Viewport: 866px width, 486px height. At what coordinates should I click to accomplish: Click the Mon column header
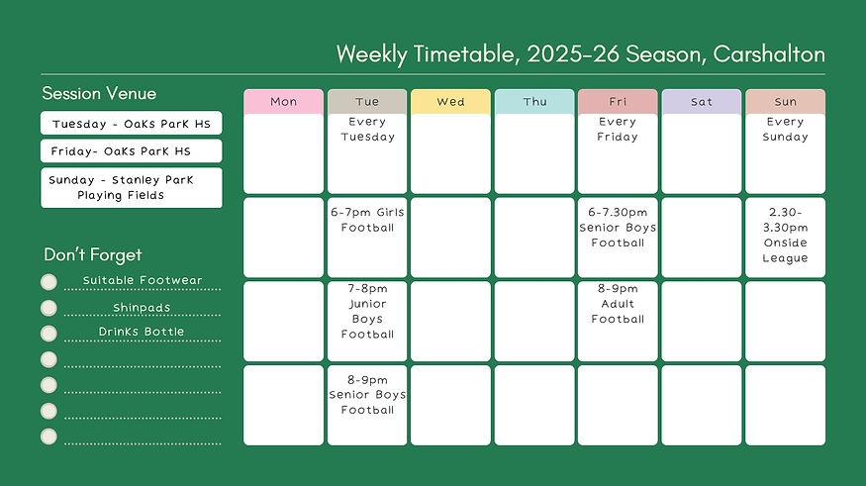pos(283,102)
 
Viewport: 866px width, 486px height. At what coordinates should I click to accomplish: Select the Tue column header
pos(367,102)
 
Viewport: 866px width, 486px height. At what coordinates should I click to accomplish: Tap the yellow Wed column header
pos(450,102)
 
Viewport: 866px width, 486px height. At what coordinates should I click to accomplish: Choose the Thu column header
pos(534,102)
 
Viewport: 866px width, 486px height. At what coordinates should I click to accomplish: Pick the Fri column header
pos(618,102)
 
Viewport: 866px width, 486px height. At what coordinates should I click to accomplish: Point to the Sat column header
pos(701,102)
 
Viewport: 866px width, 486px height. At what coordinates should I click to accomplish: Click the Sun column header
pos(785,102)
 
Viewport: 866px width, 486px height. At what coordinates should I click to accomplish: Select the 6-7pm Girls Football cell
pos(367,237)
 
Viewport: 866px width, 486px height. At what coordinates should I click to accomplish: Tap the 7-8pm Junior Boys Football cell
pos(367,321)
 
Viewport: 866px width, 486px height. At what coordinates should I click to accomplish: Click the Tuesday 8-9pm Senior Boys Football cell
pos(367,405)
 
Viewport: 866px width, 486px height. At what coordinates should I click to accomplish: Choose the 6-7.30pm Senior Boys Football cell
pos(618,237)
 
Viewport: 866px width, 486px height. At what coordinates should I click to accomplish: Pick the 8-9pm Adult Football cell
pos(618,321)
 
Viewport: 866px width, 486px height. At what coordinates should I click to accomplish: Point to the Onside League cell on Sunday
pos(785,237)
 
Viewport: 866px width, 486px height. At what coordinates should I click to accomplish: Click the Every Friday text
pos(618,130)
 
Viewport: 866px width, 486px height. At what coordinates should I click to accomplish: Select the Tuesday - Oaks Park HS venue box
pos(131,124)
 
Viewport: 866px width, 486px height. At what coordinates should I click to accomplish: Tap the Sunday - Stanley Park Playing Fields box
pos(131,187)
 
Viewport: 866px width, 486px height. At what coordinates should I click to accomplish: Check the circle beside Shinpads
pos(48,308)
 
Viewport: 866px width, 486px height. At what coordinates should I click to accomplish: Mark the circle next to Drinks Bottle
pos(48,333)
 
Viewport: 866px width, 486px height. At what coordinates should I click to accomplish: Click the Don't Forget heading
pos(93,255)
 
